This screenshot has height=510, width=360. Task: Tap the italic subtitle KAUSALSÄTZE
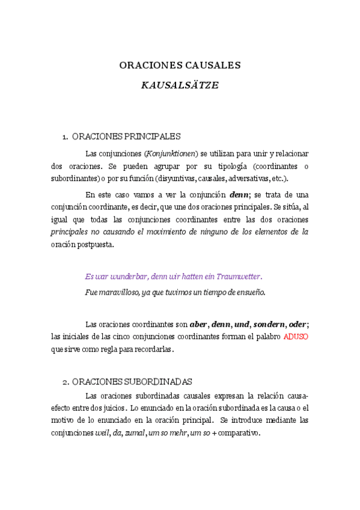[180, 85]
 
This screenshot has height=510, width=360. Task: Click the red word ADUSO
[296, 336]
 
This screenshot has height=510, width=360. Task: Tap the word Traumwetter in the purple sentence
[237, 277]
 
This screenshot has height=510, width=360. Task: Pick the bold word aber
[198, 324]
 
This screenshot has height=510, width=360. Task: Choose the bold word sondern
[269, 324]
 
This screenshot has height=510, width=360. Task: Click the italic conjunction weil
[102, 432]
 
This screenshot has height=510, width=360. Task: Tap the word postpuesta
[93, 244]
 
